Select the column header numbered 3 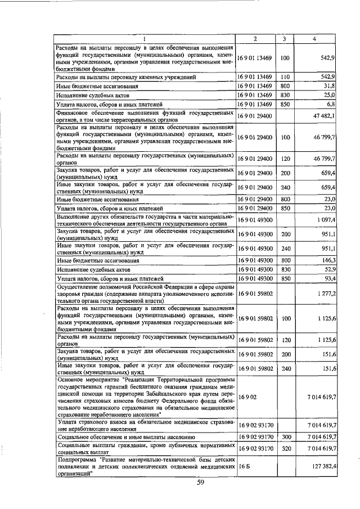[x=285, y=39]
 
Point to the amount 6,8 [x=331, y=105]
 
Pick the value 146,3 [x=327, y=260]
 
